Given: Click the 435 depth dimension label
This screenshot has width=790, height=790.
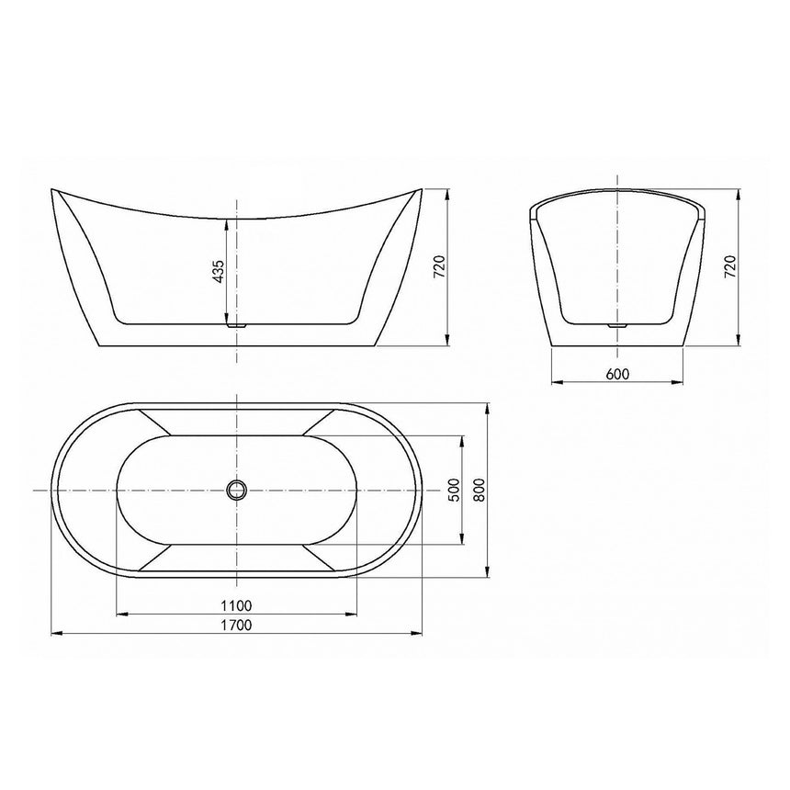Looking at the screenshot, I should click(x=219, y=274).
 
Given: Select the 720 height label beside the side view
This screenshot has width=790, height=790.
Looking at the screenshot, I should click(x=439, y=267).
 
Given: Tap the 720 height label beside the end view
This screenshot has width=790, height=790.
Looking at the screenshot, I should click(x=731, y=267).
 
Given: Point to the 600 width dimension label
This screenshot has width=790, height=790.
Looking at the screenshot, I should click(x=617, y=374).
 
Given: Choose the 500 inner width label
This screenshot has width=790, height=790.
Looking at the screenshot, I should click(x=454, y=490).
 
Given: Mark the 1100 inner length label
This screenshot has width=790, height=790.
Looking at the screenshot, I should click(x=236, y=605).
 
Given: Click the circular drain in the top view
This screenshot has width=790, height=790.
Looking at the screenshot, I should click(x=237, y=489).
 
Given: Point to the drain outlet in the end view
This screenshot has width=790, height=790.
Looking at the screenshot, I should click(x=617, y=323).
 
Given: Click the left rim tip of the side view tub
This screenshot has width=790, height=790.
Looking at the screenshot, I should click(x=52, y=191).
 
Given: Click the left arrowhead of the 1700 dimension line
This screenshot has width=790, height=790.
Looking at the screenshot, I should click(x=53, y=633).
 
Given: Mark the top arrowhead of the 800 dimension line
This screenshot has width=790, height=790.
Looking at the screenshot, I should click(x=487, y=404).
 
